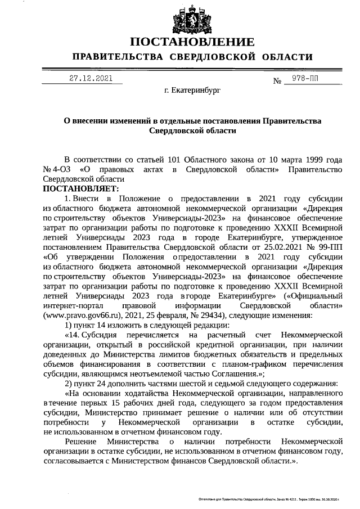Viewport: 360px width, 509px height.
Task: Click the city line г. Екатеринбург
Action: click(x=192, y=90)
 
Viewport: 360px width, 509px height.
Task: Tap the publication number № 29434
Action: click(x=210, y=316)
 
